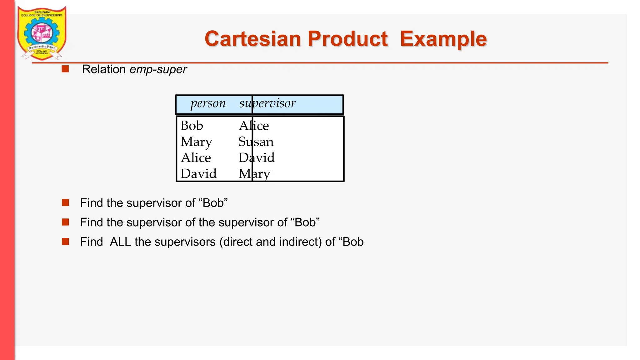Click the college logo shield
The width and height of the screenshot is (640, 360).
[42, 33]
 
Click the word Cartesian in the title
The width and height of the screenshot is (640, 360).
[252, 39]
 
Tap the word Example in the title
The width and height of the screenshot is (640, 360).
[443, 39]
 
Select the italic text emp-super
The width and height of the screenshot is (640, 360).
[158, 69]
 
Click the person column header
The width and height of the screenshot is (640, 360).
[208, 103]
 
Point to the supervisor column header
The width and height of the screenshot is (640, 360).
[267, 103]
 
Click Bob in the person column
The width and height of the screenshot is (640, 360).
[192, 126]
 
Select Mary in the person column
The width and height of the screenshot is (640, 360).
[196, 142]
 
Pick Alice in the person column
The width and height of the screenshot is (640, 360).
[196, 158]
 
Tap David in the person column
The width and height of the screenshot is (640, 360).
[198, 174]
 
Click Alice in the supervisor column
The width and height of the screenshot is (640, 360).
[254, 126]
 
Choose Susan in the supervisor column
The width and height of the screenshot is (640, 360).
[256, 142]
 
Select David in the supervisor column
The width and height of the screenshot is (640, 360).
[257, 158]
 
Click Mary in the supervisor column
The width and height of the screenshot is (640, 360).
[254, 174]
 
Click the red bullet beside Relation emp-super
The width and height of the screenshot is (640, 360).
[65, 69]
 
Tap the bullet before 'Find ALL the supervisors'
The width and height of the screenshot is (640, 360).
[65, 242]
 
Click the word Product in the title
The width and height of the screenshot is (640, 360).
[347, 39]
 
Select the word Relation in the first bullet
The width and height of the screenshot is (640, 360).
[104, 69]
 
